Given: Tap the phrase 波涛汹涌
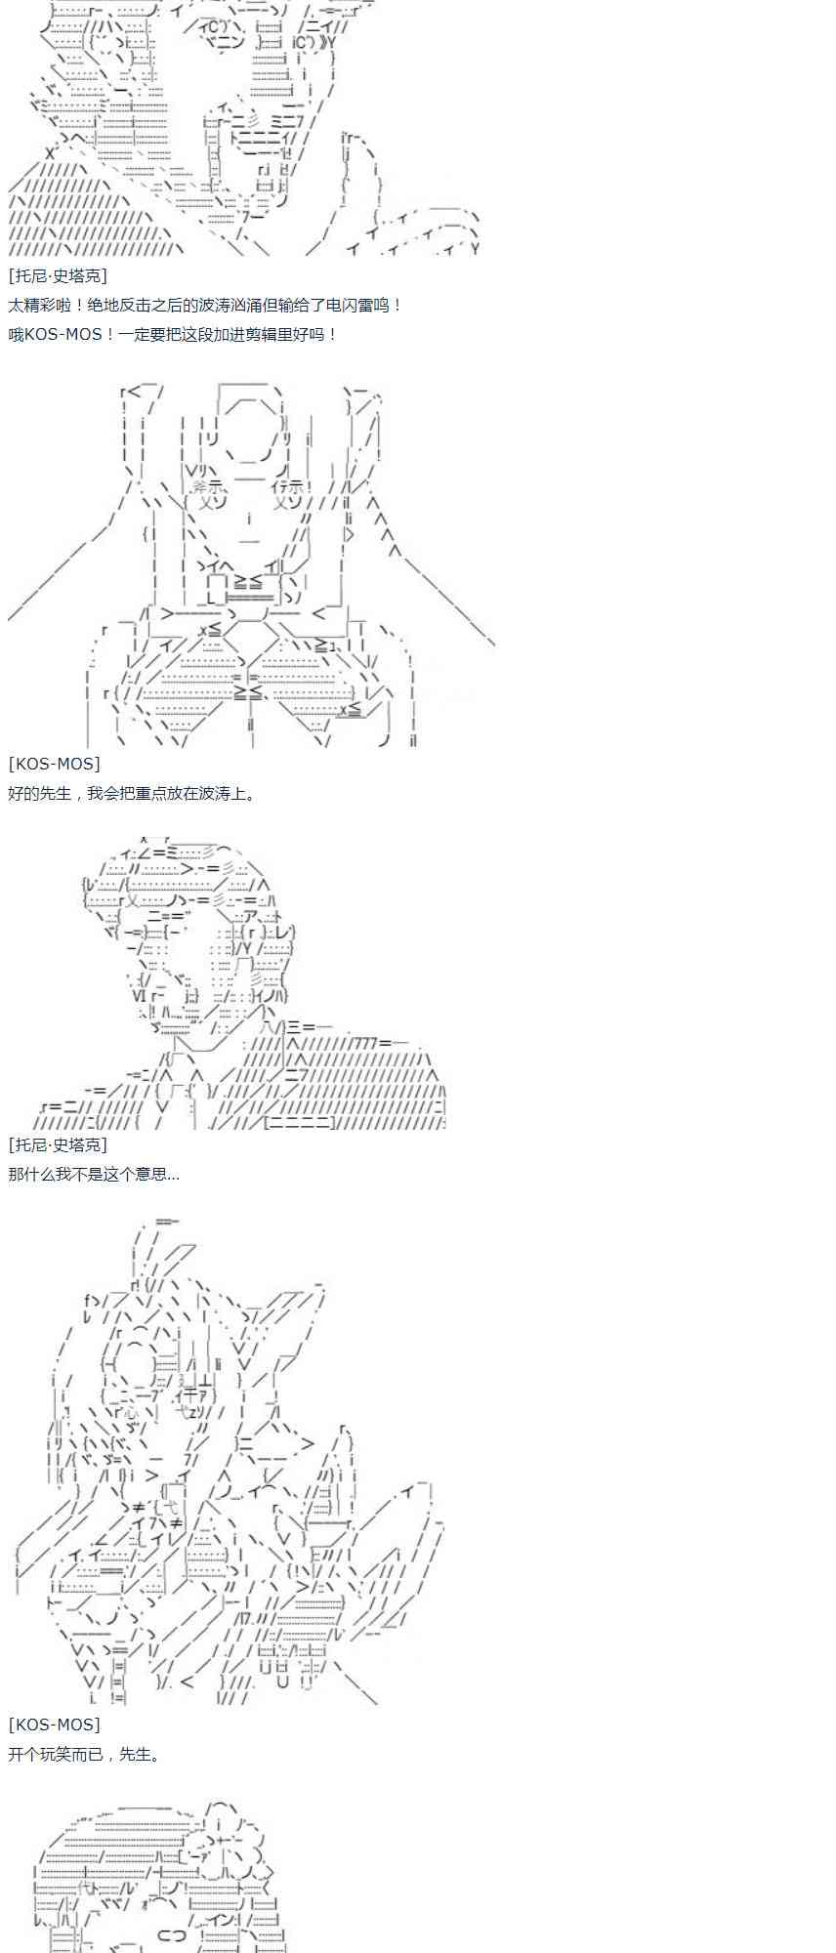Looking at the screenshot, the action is pos(239,305).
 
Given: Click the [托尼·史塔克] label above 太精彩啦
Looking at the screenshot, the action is pos(58,276).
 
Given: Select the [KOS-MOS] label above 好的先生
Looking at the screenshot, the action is pos(54,764).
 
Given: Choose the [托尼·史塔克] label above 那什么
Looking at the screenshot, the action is pos(58,1144).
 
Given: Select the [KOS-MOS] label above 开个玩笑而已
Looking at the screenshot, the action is pos(54,1724).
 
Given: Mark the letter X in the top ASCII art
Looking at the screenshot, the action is pos(50,153).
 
